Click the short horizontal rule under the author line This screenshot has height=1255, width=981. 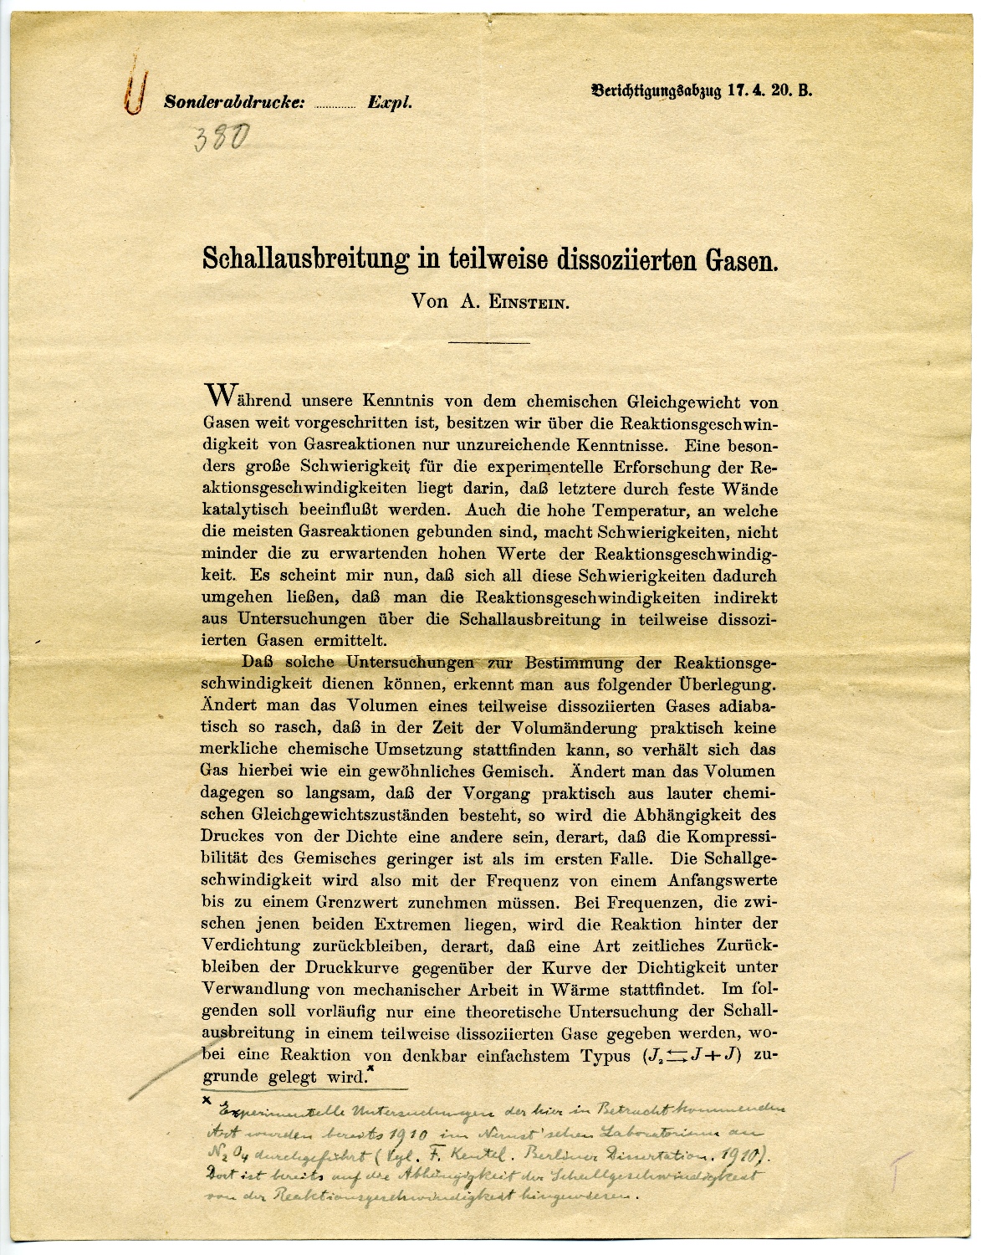point(490,341)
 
